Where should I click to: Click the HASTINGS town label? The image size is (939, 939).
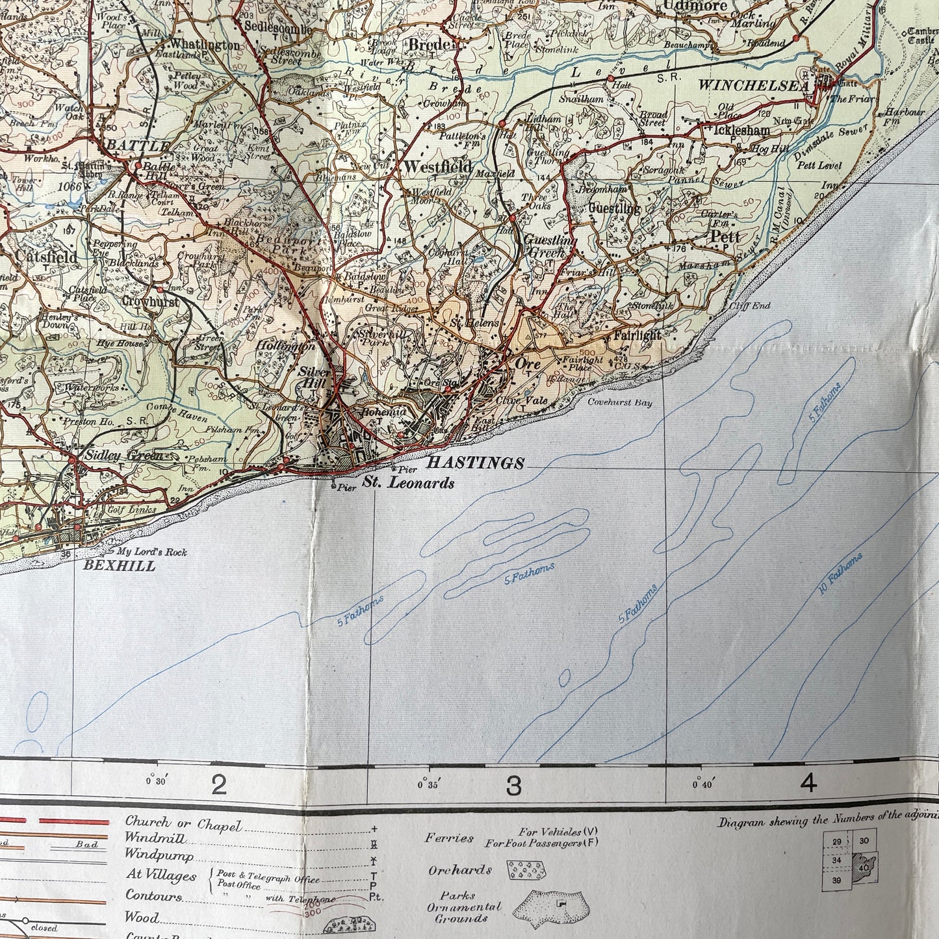(474, 463)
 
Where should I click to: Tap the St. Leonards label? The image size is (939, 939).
(408, 483)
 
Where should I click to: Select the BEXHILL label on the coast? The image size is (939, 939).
(120, 565)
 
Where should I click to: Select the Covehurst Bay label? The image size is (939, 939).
(619, 403)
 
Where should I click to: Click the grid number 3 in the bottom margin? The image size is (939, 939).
(513, 786)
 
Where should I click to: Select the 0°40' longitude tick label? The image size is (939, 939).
(702, 784)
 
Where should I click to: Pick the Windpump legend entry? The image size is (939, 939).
(159, 854)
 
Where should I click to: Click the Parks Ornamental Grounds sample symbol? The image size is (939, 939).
(552, 904)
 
